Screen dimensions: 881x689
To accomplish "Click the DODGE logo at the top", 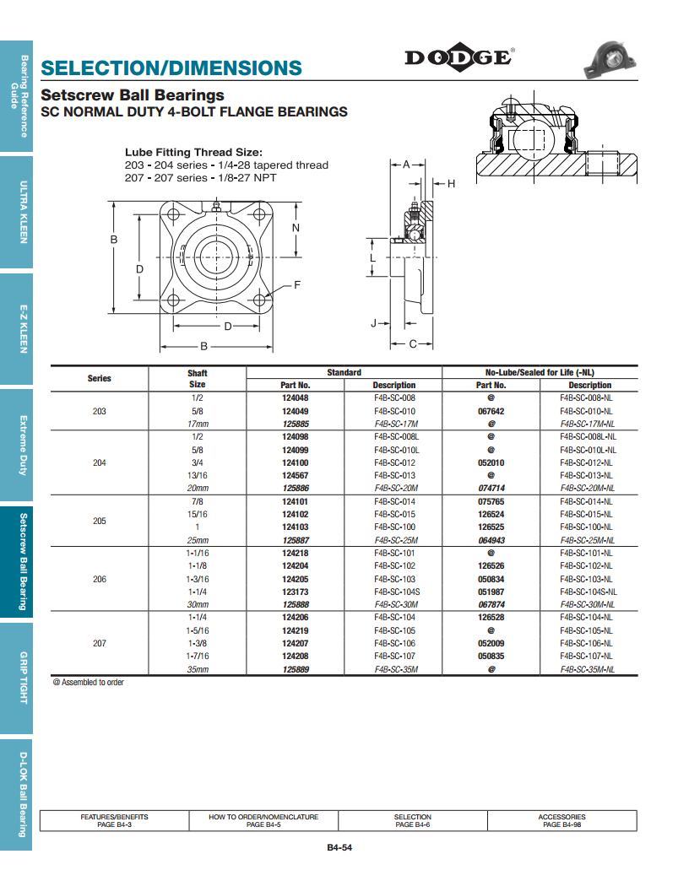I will pyautogui.click(x=458, y=57).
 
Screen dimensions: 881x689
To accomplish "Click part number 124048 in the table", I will pyautogui.click(x=295, y=397).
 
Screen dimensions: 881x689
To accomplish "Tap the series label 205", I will pyautogui.click(x=100, y=521).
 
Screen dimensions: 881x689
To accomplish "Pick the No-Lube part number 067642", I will pyautogui.click(x=491, y=411).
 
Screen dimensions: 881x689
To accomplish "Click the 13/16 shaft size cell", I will pyautogui.click(x=197, y=475).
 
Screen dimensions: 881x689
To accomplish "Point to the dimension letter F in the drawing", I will pyautogui.click(x=296, y=285).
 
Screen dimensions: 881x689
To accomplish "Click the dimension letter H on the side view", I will pyautogui.click(x=451, y=184).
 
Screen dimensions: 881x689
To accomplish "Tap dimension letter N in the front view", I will pyautogui.click(x=296, y=228).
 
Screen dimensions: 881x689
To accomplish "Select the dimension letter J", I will pyautogui.click(x=374, y=323).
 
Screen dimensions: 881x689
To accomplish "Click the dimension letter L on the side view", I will pyautogui.click(x=372, y=258).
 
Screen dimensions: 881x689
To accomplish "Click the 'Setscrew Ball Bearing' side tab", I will pyautogui.click(x=24, y=561).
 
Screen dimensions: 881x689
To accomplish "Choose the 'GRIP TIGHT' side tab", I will pyautogui.click(x=24, y=678).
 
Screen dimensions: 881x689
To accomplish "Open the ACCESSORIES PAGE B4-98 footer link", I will pyautogui.click(x=562, y=820).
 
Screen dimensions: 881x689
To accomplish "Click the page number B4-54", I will pyautogui.click(x=339, y=849).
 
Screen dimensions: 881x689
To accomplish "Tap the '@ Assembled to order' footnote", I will pyautogui.click(x=88, y=683).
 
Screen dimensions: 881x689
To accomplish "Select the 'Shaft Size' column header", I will pyautogui.click(x=197, y=378).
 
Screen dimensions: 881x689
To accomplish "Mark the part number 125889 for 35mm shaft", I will pyautogui.click(x=295, y=669).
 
